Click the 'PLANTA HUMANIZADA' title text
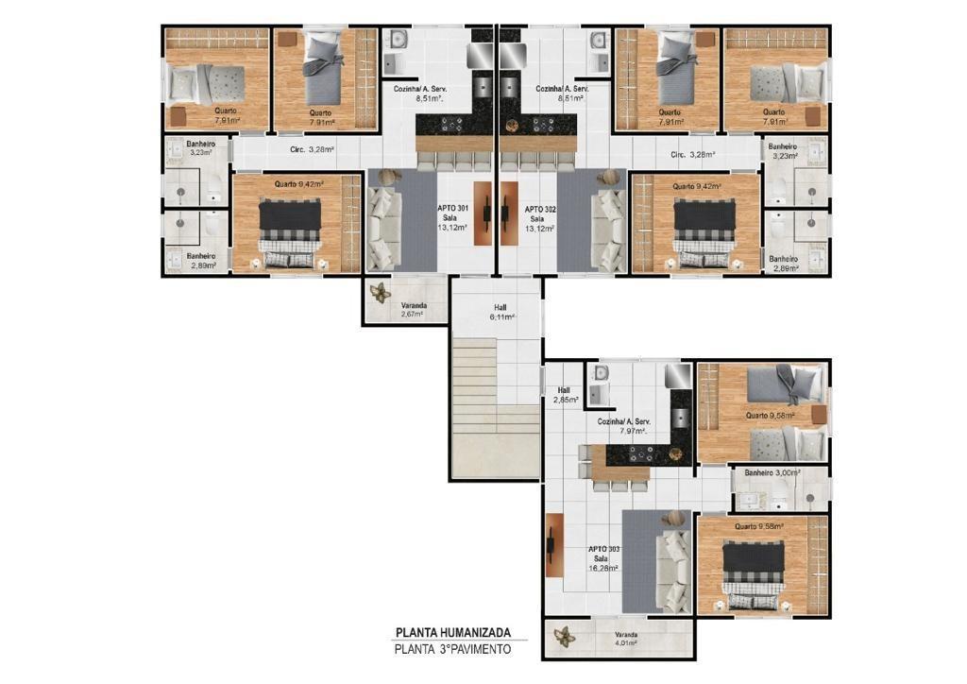point(452,632)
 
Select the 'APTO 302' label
point(540,210)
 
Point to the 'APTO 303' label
point(603,549)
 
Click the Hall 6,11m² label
point(500,312)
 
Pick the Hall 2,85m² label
point(565,395)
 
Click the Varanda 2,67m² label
point(414,310)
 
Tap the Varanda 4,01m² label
point(626,639)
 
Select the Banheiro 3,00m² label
point(772,473)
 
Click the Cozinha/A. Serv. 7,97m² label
point(624,426)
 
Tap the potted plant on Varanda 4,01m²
point(564,637)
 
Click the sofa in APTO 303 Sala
point(673,571)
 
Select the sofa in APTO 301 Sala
point(384,229)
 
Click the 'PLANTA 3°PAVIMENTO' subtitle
point(452,649)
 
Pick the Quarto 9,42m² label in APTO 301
point(299,184)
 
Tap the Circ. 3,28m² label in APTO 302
point(692,155)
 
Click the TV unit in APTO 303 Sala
point(554,545)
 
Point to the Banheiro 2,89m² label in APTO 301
point(202,260)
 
